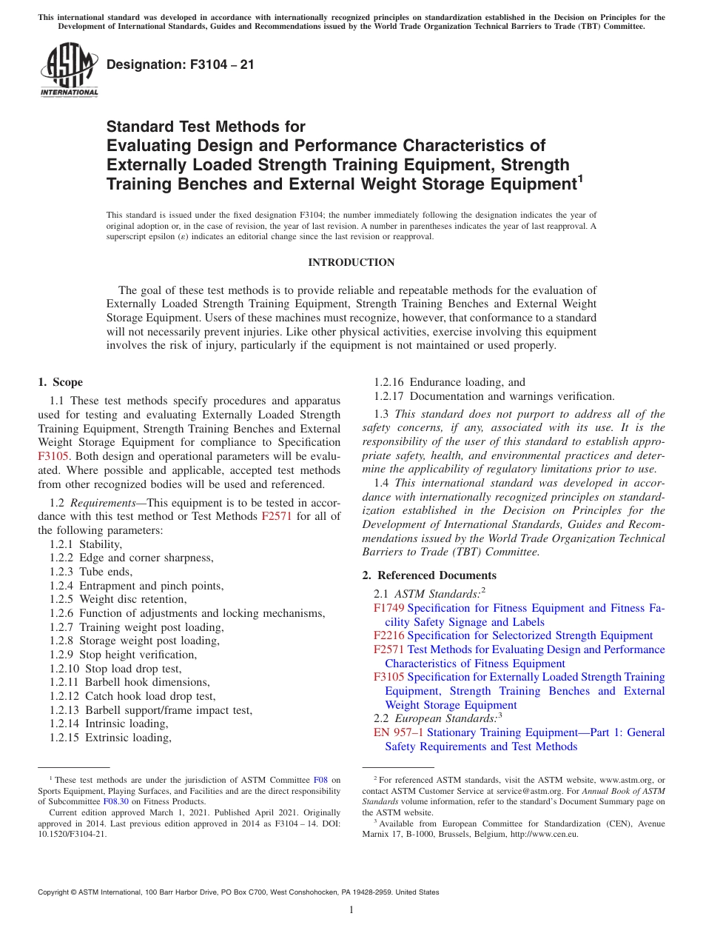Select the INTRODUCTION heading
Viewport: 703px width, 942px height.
click(x=351, y=263)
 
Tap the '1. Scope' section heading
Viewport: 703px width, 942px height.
click(x=60, y=382)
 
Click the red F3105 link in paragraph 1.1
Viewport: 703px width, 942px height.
click(x=53, y=457)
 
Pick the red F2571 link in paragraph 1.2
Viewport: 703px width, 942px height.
click(x=277, y=516)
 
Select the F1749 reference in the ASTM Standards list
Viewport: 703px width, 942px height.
click(x=388, y=608)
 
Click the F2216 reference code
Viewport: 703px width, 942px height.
click(x=388, y=635)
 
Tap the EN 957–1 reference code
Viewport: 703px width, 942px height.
click(x=398, y=732)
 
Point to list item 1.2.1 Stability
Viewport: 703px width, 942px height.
click(x=86, y=544)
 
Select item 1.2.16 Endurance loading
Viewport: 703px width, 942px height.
click(x=449, y=382)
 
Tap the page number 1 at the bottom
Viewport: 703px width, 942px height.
click(x=351, y=910)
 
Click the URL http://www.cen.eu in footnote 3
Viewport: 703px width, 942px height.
click(x=544, y=834)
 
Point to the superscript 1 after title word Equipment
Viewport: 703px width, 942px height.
click(x=581, y=178)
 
